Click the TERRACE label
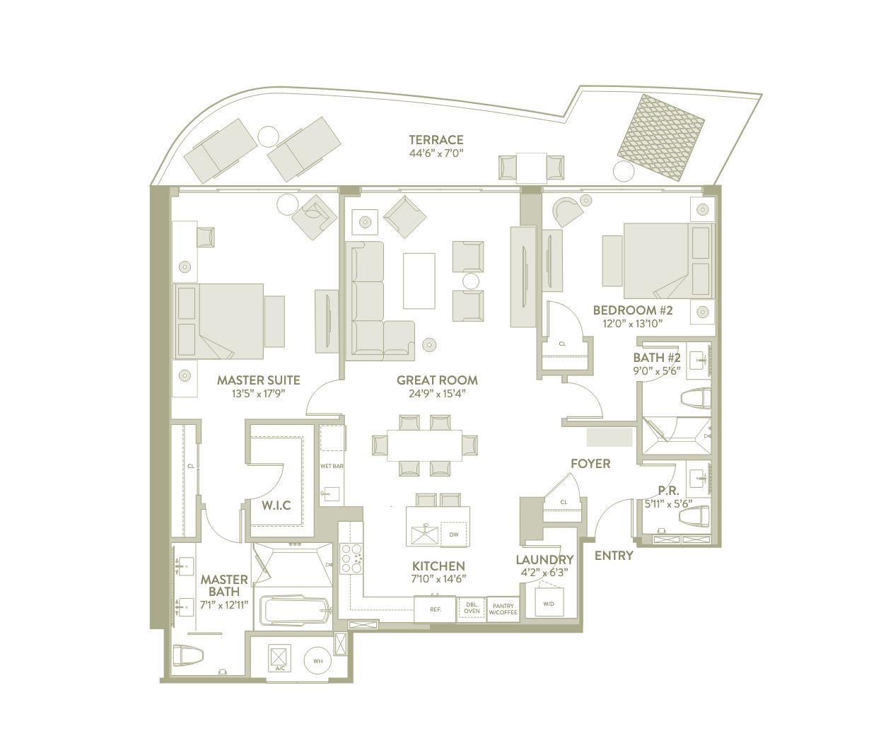pyautogui.click(x=436, y=140)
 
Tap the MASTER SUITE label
pyautogui.click(x=258, y=380)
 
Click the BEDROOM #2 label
pyautogui.click(x=632, y=310)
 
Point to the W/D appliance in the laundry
pyautogui.click(x=549, y=603)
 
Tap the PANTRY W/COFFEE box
pyautogui.click(x=503, y=609)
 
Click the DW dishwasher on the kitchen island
pyautogui.click(x=453, y=534)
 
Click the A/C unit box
pyautogui.click(x=279, y=660)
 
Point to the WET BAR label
pyautogui.click(x=331, y=466)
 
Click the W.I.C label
pyautogui.click(x=276, y=505)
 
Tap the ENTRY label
pyautogui.click(x=613, y=556)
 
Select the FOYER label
pyautogui.click(x=590, y=464)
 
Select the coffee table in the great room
pyautogui.click(x=419, y=280)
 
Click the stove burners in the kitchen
pyautogui.click(x=351, y=557)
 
